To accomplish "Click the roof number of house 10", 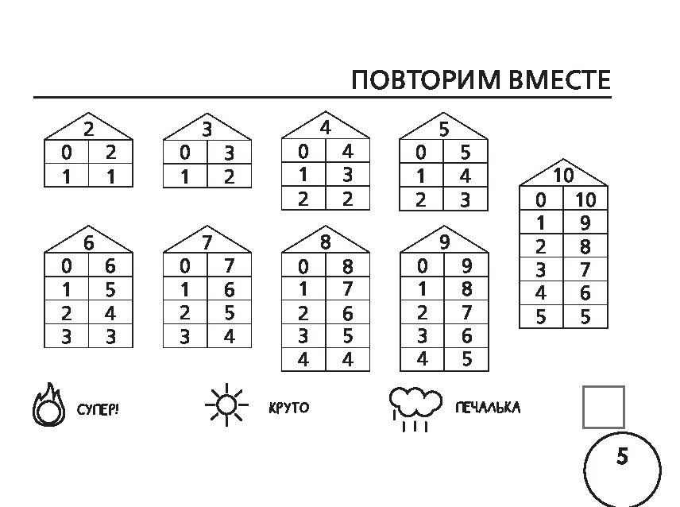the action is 563,176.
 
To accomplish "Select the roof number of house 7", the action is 207,243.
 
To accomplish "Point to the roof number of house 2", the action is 88,130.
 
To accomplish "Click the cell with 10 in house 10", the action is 585,199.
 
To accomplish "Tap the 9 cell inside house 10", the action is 585,223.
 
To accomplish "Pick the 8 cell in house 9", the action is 466,288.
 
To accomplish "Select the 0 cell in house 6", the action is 67,265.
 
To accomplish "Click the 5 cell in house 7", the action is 230,312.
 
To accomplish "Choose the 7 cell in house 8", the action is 348,288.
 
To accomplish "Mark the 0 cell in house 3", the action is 185,153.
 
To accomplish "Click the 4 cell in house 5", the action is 466,176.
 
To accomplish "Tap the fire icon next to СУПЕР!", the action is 48,405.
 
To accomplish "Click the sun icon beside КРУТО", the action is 226,405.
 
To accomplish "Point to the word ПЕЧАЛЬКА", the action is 488,408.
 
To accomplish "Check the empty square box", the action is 603,407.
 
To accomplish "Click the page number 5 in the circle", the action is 622,457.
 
